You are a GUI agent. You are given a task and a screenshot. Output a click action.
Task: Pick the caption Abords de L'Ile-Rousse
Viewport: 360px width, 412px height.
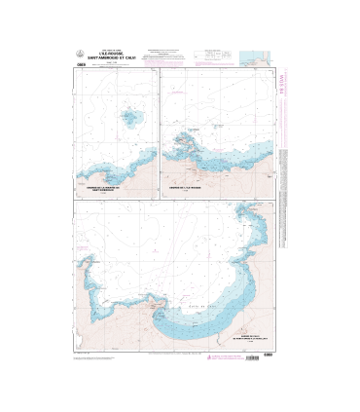click(183, 186)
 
